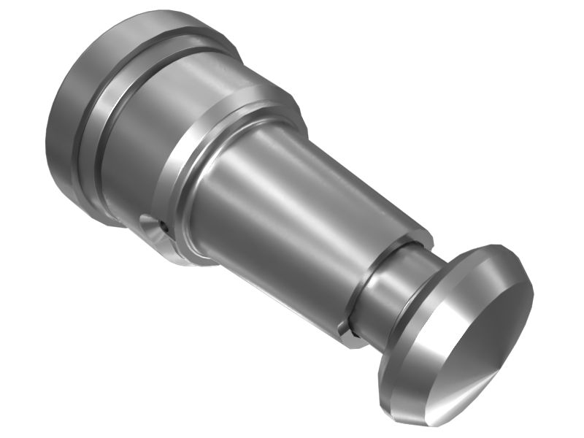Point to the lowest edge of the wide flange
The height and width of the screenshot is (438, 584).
pos(109,223)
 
